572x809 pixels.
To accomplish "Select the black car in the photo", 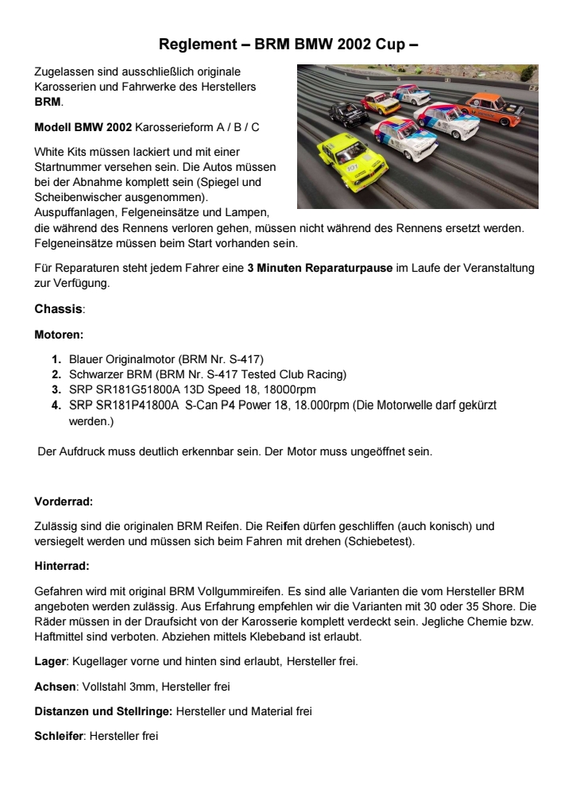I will click(x=349, y=115).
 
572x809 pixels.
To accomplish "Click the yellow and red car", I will click(x=381, y=101).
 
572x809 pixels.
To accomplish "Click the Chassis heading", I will click(x=59, y=308).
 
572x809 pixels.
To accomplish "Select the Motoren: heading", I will click(x=59, y=335).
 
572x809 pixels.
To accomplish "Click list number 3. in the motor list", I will click(x=57, y=389).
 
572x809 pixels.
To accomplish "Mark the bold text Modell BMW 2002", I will click(x=83, y=127).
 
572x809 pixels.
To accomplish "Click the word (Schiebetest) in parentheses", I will click(x=373, y=541).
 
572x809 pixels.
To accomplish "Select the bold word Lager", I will click(x=50, y=660).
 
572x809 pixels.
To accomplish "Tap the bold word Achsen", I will click(x=55, y=686).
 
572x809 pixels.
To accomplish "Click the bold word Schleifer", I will click(x=59, y=737).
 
